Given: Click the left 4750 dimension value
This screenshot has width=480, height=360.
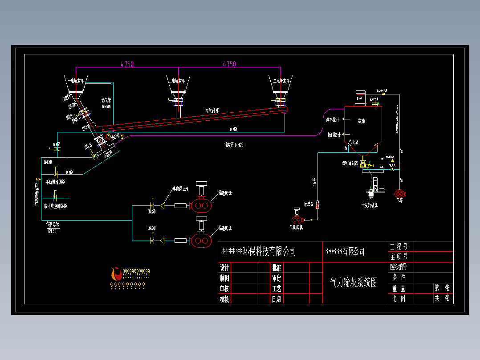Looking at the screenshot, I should (127, 64).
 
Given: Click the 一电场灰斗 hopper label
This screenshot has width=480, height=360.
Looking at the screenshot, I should (74, 81).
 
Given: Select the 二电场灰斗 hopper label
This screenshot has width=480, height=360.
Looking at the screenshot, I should (179, 81).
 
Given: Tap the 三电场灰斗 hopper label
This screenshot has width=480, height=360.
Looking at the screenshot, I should (281, 81).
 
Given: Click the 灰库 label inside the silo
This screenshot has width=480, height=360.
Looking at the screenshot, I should (362, 121).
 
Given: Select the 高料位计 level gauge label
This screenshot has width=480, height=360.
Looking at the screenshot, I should (333, 120).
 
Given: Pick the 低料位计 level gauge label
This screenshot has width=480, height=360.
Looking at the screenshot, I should (334, 134).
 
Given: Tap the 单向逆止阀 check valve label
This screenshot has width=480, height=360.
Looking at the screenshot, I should (180, 189).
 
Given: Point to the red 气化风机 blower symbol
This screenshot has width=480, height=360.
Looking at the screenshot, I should (297, 220).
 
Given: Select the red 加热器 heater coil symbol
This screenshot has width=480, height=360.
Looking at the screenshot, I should (318, 205).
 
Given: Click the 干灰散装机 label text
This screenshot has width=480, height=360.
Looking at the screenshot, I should (370, 205).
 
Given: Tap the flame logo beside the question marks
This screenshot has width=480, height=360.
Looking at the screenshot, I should (116, 273).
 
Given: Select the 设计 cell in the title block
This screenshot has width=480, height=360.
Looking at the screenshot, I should (224, 268).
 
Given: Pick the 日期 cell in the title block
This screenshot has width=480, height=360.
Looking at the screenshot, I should (277, 299).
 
